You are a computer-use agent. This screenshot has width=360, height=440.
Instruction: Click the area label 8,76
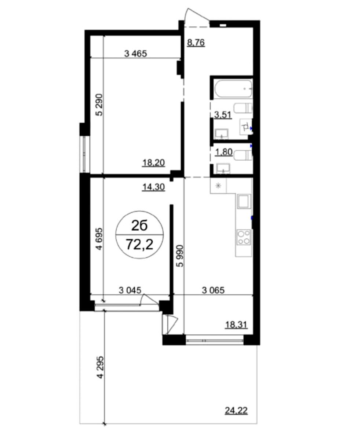point(196,43)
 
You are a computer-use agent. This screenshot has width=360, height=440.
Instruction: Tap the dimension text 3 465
point(135,54)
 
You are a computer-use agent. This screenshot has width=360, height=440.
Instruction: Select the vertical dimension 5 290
point(99,105)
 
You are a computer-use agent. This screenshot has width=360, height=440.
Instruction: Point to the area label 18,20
point(153,162)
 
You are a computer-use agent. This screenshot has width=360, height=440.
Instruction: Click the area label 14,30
point(153,187)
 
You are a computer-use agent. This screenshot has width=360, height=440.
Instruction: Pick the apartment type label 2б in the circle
point(139,225)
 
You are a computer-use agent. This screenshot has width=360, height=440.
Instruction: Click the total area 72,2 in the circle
point(139,244)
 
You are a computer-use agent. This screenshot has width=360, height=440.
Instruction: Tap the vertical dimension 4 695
point(99,239)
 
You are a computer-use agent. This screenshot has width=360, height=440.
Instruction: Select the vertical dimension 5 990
point(180,256)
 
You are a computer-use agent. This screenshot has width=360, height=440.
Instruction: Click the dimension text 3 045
point(130,290)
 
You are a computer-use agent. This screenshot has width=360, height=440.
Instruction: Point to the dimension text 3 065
point(213,290)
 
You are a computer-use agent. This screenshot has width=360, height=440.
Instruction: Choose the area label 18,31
point(236,325)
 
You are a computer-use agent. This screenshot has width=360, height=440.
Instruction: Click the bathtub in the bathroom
point(233,89)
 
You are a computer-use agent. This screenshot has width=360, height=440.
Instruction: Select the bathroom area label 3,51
point(223,115)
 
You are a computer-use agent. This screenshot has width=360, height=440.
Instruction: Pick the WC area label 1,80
point(223,152)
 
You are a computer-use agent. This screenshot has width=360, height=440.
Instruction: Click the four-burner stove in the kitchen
point(244,237)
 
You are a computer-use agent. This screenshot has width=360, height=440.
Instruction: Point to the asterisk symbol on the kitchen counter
point(218,186)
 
